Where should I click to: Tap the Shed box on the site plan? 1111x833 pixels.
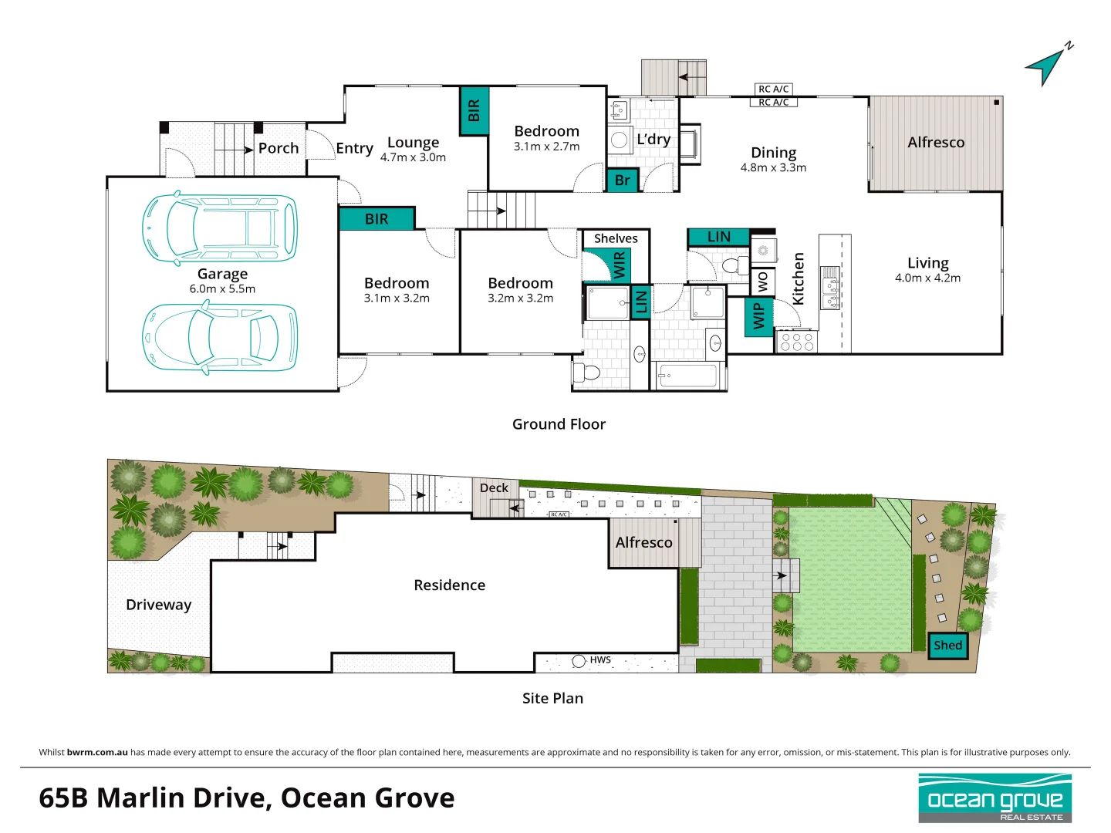[947, 646]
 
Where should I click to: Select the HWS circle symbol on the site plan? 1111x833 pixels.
[579, 661]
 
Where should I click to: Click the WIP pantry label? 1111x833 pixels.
[758, 317]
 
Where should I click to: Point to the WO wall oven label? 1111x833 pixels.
[763, 282]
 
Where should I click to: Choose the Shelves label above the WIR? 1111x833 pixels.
[616, 238]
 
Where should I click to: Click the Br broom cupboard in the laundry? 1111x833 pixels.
[623, 180]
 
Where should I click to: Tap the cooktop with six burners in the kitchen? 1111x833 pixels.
[797, 342]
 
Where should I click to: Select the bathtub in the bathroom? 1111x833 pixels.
[687, 376]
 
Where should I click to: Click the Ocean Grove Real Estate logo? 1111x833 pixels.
[994, 798]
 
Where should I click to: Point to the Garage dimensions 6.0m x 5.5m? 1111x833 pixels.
[222, 288]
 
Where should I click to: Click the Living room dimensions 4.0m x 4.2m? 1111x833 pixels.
[927, 278]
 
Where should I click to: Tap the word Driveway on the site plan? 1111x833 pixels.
[158, 605]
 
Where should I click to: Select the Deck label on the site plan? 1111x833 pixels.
[494, 487]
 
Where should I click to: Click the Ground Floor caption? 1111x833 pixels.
[559, 424]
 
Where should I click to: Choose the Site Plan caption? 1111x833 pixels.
[552, 698]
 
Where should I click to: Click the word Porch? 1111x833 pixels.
[279, 148]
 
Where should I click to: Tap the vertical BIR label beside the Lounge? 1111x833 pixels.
[474, 111]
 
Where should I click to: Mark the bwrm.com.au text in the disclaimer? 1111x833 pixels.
[97, 752]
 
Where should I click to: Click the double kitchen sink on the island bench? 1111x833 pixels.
[831, 288]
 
